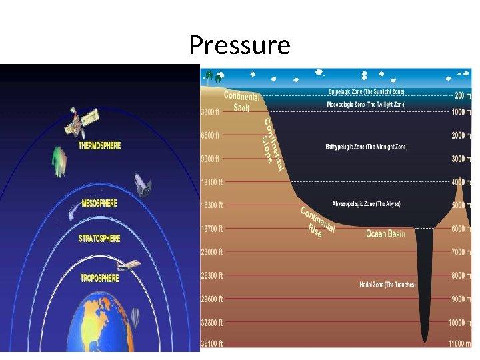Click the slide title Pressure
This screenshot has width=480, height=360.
[240, 45]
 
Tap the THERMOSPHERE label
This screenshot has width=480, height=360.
[99, 145]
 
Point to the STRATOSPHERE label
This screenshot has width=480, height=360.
[99, 239]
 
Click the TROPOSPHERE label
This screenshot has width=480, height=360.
[100, 277]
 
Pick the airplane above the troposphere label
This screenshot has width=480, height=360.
[129, 265]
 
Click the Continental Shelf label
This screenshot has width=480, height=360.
[241, 101]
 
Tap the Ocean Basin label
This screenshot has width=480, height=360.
[385, 234]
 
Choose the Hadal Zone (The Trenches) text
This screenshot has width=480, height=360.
[387, 285]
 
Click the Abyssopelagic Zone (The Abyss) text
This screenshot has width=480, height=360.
[366, 203]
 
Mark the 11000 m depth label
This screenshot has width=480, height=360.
[459, 343]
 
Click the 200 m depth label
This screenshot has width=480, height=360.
[461, 95]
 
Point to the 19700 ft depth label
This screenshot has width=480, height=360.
[213, 228]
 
